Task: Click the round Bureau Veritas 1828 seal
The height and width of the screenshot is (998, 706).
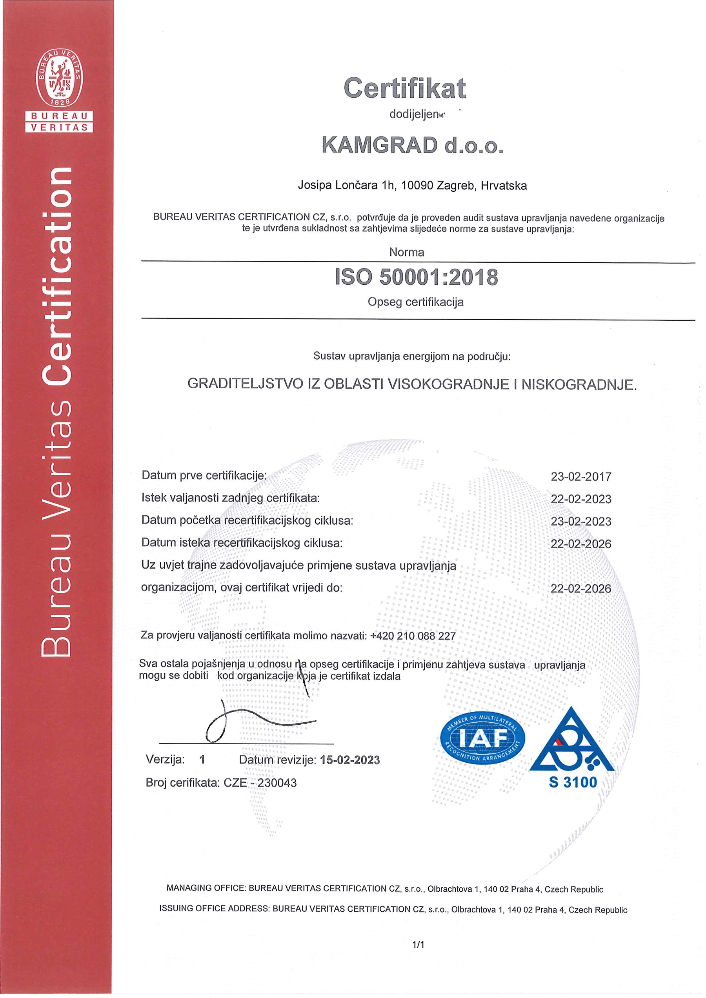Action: pyautogui.click(x=59, y=78)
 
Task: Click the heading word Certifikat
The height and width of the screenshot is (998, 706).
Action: pyautogui.click(x=404, y=88)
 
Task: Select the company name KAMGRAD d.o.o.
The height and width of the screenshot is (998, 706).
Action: pyautogui.click(x=413, y=145)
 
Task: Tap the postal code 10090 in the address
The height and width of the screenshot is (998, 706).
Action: pyautogui.click(x=417, y=185)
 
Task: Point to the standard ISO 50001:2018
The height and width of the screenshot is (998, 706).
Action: pyautogui.click(x=416, y=277)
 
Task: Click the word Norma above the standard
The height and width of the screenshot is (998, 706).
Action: pyautogui.click(x=406, y=252)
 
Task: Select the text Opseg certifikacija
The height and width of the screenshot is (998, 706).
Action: pyautogui.click(x=415, y=302)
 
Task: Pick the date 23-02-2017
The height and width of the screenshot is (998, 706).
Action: pyautogui.click(x=581, y=477)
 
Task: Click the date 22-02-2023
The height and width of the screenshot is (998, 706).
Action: pyautogui.click(x=581, y=499)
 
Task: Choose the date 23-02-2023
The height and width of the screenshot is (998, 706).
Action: pyautogui.click(x=581, y=521)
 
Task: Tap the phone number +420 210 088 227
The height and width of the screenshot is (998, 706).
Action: pyautogui.click(x=413, y=636)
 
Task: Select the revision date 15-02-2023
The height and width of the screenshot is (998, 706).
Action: pyautogui.click(x=349, y=760)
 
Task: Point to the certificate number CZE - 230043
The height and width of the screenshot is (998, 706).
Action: pyautogui.click(x=260, y=783)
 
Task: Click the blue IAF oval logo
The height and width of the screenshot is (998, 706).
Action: pyautogui.click(x=482, y=738)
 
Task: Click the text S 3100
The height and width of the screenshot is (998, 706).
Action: pyautogui.click(x=573, y=782)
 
